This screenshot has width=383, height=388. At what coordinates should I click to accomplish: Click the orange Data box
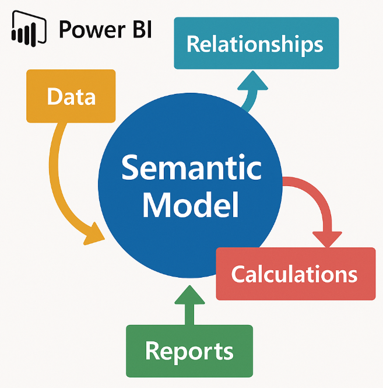pyautogui.click(x=71, y=96)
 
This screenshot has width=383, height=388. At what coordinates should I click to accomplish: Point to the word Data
pyautogui.click(x=71, y=97)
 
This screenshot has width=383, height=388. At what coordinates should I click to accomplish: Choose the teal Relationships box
pyautogui.click(x=256, y=43)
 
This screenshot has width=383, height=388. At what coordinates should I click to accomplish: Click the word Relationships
pyautogui.click(x=256, y=44)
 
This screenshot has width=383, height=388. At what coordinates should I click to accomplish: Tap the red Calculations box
pyautogui.click(x=296, y=274)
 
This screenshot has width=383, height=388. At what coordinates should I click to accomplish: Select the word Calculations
pyautogui.click(x=295, y=274)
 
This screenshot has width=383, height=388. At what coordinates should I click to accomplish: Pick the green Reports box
pyautogui.click(x=189, y=351)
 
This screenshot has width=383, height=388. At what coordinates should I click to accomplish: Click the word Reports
pyautogui.click(x=189, y=351)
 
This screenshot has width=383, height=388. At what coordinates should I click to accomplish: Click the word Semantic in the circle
pyautogui.click(x=191, y=169)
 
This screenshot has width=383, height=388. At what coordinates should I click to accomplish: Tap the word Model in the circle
pyautogui.click(x=191, y=205)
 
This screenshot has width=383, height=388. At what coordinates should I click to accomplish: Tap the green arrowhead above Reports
pyautogui.click(x=189, y=295)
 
